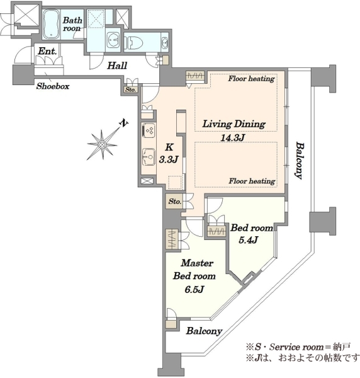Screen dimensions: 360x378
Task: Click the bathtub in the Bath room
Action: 51,24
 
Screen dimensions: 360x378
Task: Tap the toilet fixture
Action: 133,43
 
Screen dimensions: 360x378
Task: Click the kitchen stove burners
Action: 149,130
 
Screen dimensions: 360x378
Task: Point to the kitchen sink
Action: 149,157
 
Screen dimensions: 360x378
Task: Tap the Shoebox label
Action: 53,86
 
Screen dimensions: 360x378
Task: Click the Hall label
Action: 117,66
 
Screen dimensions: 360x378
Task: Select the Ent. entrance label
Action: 47,51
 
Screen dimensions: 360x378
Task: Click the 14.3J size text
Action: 233,137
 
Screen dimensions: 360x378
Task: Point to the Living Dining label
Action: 234,124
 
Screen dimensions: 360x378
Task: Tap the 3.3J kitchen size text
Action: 169,159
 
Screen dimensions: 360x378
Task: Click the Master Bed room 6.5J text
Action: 194,276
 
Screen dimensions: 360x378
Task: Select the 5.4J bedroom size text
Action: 248,240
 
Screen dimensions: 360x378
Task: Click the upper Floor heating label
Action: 251,79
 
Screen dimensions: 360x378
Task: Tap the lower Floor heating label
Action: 252,181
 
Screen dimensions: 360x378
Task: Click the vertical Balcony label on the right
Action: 300,161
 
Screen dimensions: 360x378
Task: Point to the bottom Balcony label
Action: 204,331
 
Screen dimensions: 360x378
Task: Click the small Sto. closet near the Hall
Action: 131,89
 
